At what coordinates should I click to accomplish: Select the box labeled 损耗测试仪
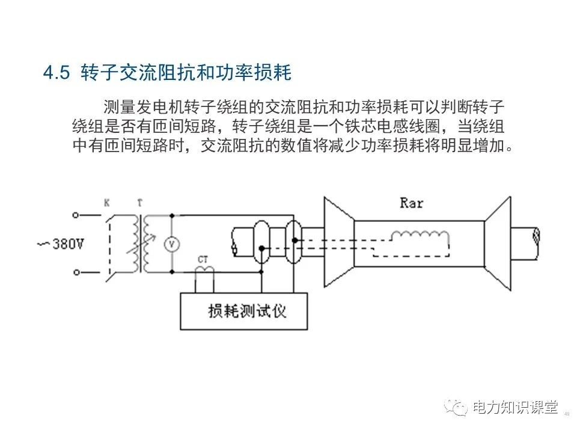(x=244, y=310)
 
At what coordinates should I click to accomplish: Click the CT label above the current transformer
(x=203, y=259)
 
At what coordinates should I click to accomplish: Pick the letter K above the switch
(x=106, y=203)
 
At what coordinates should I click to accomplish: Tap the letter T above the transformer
(x=140, y=203)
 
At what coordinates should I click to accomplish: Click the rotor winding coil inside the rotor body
(x=419, y=236)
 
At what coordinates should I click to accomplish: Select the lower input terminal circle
(x=75, y=272)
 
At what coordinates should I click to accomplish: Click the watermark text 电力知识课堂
(x=515, y=408)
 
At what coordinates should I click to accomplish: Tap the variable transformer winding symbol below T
(x=144, y=244)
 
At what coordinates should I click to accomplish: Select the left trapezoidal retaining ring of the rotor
(x=338, y=244)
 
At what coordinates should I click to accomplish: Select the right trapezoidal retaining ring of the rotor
(x=498, y=244)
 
